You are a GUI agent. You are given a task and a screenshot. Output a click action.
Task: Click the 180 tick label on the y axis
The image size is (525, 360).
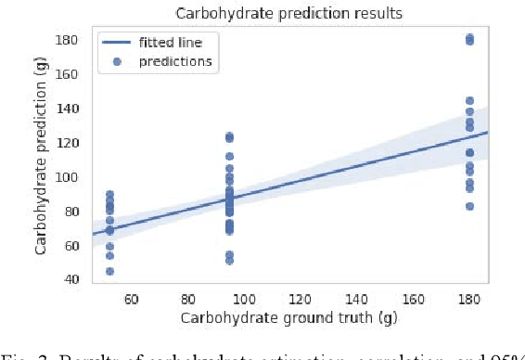(x=68, y=40)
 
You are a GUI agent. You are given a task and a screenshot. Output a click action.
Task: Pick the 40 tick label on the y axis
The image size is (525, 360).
(x=70, y=280)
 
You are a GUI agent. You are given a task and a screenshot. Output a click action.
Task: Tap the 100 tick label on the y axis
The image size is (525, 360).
(x=68, y=177)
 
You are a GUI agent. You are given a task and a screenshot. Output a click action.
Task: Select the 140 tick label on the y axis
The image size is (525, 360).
(x=68, y=109)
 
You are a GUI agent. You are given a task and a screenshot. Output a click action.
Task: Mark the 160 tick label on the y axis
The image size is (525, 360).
(x=68, y=74)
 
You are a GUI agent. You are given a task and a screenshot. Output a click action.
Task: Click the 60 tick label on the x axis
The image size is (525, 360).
(x=132, y=300)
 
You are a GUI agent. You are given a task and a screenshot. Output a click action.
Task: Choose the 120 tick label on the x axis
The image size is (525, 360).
(x=300, y=300)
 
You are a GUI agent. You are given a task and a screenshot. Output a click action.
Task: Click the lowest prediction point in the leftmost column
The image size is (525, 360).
(x=109, y=271)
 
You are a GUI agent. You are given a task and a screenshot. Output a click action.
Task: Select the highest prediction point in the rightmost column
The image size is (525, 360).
(x=469, y=38)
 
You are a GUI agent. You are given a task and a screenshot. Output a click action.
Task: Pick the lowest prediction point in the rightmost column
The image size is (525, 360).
(x=469, y=206)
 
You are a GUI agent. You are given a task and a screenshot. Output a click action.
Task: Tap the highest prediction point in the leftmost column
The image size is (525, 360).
(x=109, y=194)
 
